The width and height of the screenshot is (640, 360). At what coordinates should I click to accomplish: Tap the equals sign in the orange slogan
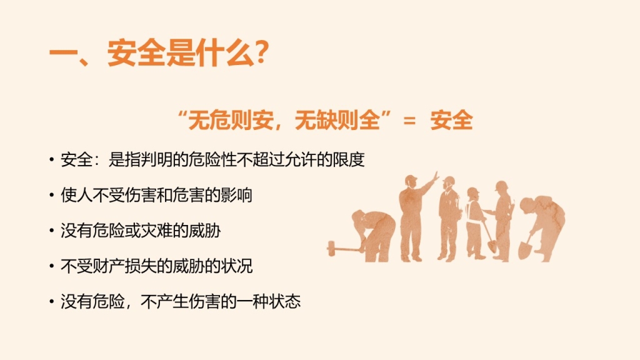point(409,121)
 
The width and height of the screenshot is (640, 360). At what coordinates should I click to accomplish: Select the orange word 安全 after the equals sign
point(451,121)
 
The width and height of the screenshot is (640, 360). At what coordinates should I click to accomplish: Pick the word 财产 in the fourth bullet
point(109,266)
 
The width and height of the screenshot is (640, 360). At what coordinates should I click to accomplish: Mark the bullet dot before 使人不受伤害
point(51,195)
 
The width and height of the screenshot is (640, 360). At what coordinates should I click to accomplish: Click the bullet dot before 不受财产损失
point(51,266)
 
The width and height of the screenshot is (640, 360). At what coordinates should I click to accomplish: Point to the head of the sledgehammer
point(331,248)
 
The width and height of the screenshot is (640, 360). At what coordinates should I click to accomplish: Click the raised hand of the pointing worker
point(435,177)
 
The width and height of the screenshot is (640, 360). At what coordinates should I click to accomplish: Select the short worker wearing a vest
point(476,223)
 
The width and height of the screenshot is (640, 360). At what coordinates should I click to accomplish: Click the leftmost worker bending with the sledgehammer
point(374,236)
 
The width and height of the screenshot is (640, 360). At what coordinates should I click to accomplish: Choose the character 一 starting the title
point(62,54)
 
